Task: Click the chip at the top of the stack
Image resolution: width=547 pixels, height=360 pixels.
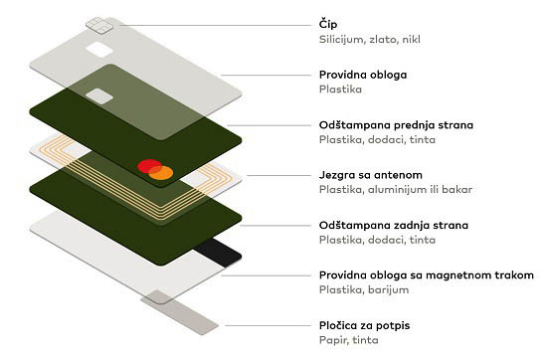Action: point(99,26)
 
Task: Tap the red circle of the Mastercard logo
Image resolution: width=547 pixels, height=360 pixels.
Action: point(149,166)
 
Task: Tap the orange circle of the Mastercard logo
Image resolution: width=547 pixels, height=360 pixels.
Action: point(161,173)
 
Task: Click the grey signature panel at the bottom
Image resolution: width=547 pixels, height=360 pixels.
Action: point(180,312)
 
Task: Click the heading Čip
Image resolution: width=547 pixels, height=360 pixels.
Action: point(328,25)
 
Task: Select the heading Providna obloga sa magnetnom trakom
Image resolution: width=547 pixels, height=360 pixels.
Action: point(427,274)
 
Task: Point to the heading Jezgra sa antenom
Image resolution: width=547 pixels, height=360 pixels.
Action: point(371,175)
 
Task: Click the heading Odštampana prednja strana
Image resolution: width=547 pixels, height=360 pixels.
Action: point(396,125)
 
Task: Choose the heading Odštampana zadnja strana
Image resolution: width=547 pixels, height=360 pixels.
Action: point(394,225)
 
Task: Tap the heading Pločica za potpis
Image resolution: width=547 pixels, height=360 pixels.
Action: point(364,325)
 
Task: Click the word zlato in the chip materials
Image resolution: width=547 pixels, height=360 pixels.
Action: point(383,39)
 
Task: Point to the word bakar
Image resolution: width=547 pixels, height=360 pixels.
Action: point(457,189)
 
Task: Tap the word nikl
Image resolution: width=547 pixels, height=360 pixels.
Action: point(412,39)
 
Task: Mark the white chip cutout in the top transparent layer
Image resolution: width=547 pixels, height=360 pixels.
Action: point(99,50)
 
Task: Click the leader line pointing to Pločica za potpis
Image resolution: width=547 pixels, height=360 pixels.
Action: point(268,326)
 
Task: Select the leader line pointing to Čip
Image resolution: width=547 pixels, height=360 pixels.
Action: point(215,25)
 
